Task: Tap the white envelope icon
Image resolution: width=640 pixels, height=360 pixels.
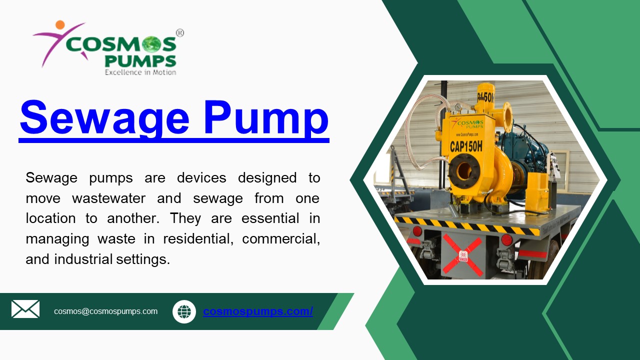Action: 25,309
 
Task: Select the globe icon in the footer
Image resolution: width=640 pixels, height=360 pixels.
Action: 184,311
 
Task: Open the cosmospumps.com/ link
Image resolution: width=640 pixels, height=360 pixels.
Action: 257,311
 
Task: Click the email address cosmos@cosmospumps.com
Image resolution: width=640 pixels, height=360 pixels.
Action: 105,311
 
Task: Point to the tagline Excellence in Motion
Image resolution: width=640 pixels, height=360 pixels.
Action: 140,72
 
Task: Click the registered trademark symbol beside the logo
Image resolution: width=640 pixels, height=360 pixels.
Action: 180,33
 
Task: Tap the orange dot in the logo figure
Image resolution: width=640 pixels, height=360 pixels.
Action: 60,24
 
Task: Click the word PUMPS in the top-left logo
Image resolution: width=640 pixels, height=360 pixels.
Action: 140,61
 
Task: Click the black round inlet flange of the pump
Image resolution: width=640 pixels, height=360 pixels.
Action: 464,171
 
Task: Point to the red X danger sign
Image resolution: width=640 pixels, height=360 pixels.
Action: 463,255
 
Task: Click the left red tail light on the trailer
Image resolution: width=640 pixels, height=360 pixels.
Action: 417,231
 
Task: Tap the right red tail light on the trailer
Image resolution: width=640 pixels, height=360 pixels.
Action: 506,240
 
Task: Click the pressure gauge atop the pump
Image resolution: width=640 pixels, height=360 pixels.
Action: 457,106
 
